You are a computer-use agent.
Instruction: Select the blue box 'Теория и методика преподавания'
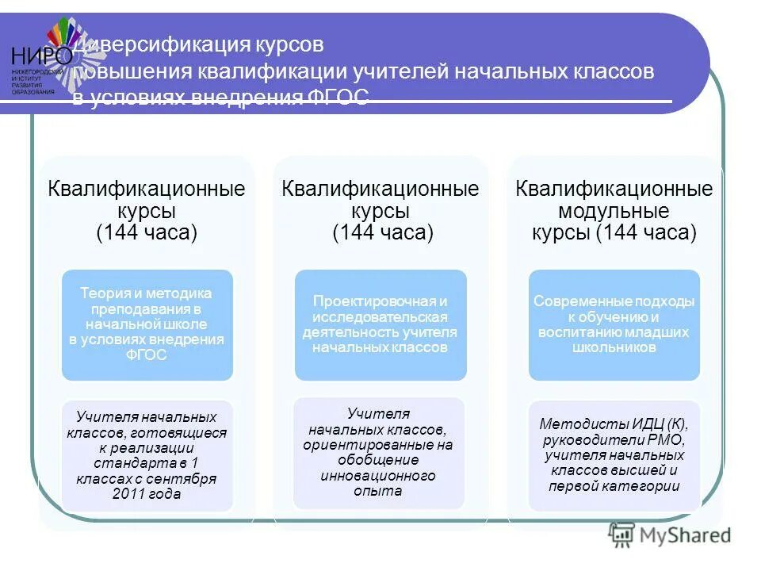point(147,324)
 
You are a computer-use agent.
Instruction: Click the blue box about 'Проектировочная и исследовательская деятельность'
point(380,324)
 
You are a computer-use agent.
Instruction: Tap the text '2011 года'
point(147,494)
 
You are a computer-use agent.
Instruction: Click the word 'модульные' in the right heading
point(614,212)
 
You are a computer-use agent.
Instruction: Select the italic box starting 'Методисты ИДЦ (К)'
point(614,454)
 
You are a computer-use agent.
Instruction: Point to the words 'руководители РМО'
point(614,439)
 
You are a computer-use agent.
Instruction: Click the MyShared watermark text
point(686,536)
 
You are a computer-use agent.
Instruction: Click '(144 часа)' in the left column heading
point(147,233)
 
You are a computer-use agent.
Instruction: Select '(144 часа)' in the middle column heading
point(382,233)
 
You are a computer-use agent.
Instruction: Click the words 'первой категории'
point(614,486)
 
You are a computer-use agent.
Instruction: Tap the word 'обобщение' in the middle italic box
point(378,460)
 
